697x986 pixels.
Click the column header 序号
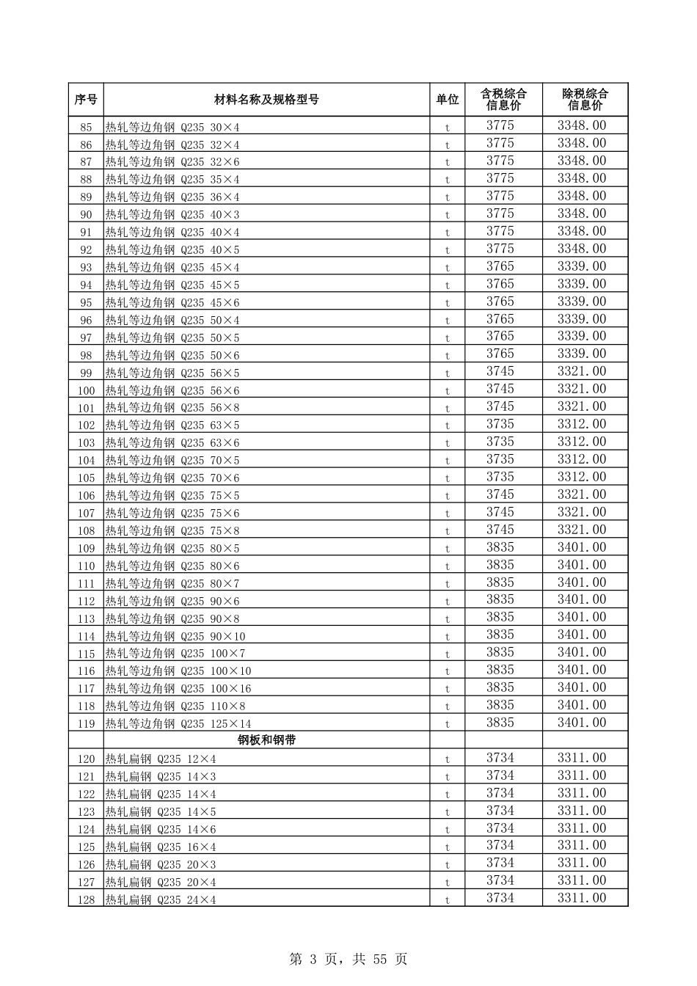tap(86, 100)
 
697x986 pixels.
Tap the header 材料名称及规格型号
tap(266, 100)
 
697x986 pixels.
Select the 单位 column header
tap(447, 100)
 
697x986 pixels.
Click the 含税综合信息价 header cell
tap(503, 100)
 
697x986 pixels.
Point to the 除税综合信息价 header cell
tap(585, 100)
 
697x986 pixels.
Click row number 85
tap(86, 127)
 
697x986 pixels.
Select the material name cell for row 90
tap(172, 215)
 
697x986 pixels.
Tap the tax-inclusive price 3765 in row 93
tap(500, 266)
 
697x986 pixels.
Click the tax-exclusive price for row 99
tap(581, 372)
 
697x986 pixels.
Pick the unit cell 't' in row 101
tap(447, 408)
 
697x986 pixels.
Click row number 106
tap(86, 496)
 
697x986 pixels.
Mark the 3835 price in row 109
tap(500, 547)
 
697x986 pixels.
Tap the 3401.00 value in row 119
tap(581, 723)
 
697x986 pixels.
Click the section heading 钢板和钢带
tap(266, 740)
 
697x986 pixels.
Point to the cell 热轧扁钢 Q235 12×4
tap(161, 759)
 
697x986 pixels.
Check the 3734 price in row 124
tap(500, 828)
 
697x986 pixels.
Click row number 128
tap(86, 900)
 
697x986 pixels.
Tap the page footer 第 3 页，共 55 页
tap(348, 959)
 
